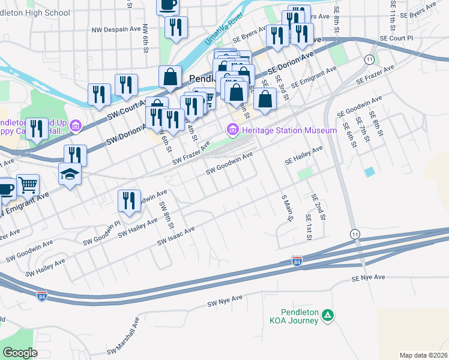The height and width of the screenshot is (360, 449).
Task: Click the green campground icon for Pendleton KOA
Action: click(327, 314)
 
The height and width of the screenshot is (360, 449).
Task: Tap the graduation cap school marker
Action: click(70, 175)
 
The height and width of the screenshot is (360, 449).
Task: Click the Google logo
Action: click(20, 353)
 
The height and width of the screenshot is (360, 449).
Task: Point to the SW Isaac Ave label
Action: click(176, 236)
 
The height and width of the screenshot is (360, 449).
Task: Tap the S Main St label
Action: click(287, 208)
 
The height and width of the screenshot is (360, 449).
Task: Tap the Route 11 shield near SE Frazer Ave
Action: click(369, 59)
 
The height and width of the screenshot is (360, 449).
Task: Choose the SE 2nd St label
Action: click(317, 206)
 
